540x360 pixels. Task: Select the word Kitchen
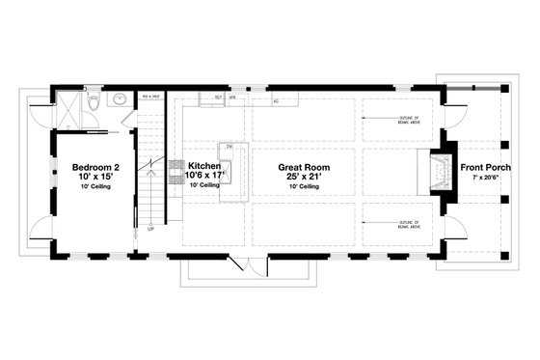tap(204, 166)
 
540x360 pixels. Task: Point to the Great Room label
tap(305, 166)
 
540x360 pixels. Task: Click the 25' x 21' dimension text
tap(305, 177)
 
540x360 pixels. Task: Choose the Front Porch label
tap(486, 166)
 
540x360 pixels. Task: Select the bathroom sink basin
tap(120, 97)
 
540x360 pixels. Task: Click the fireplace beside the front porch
tap(439, 172)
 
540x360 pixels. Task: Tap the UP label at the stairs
tap(149, 230)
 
